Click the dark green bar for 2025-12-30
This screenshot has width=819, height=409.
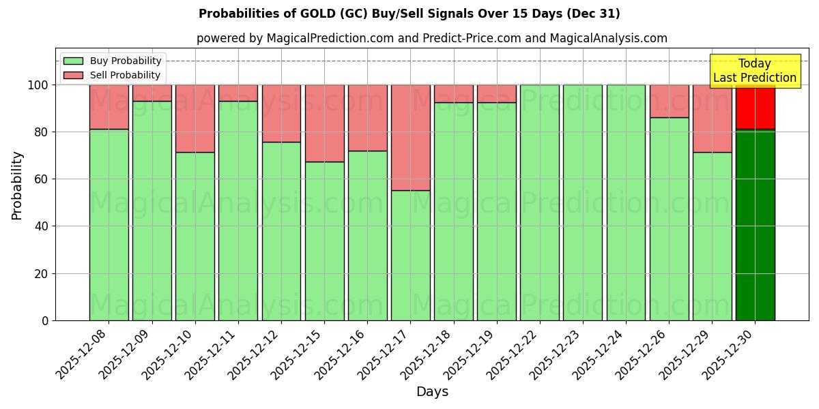755,224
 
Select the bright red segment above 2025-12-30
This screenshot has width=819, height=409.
755,106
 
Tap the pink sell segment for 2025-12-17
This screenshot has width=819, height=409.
410,137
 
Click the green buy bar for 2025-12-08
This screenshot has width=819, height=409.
109,224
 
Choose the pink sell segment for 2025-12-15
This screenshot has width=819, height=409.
324,123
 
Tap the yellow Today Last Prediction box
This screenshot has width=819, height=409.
755,71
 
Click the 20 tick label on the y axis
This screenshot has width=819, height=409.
42,274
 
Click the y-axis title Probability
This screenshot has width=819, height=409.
17,185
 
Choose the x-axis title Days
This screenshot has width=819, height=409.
432,392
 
